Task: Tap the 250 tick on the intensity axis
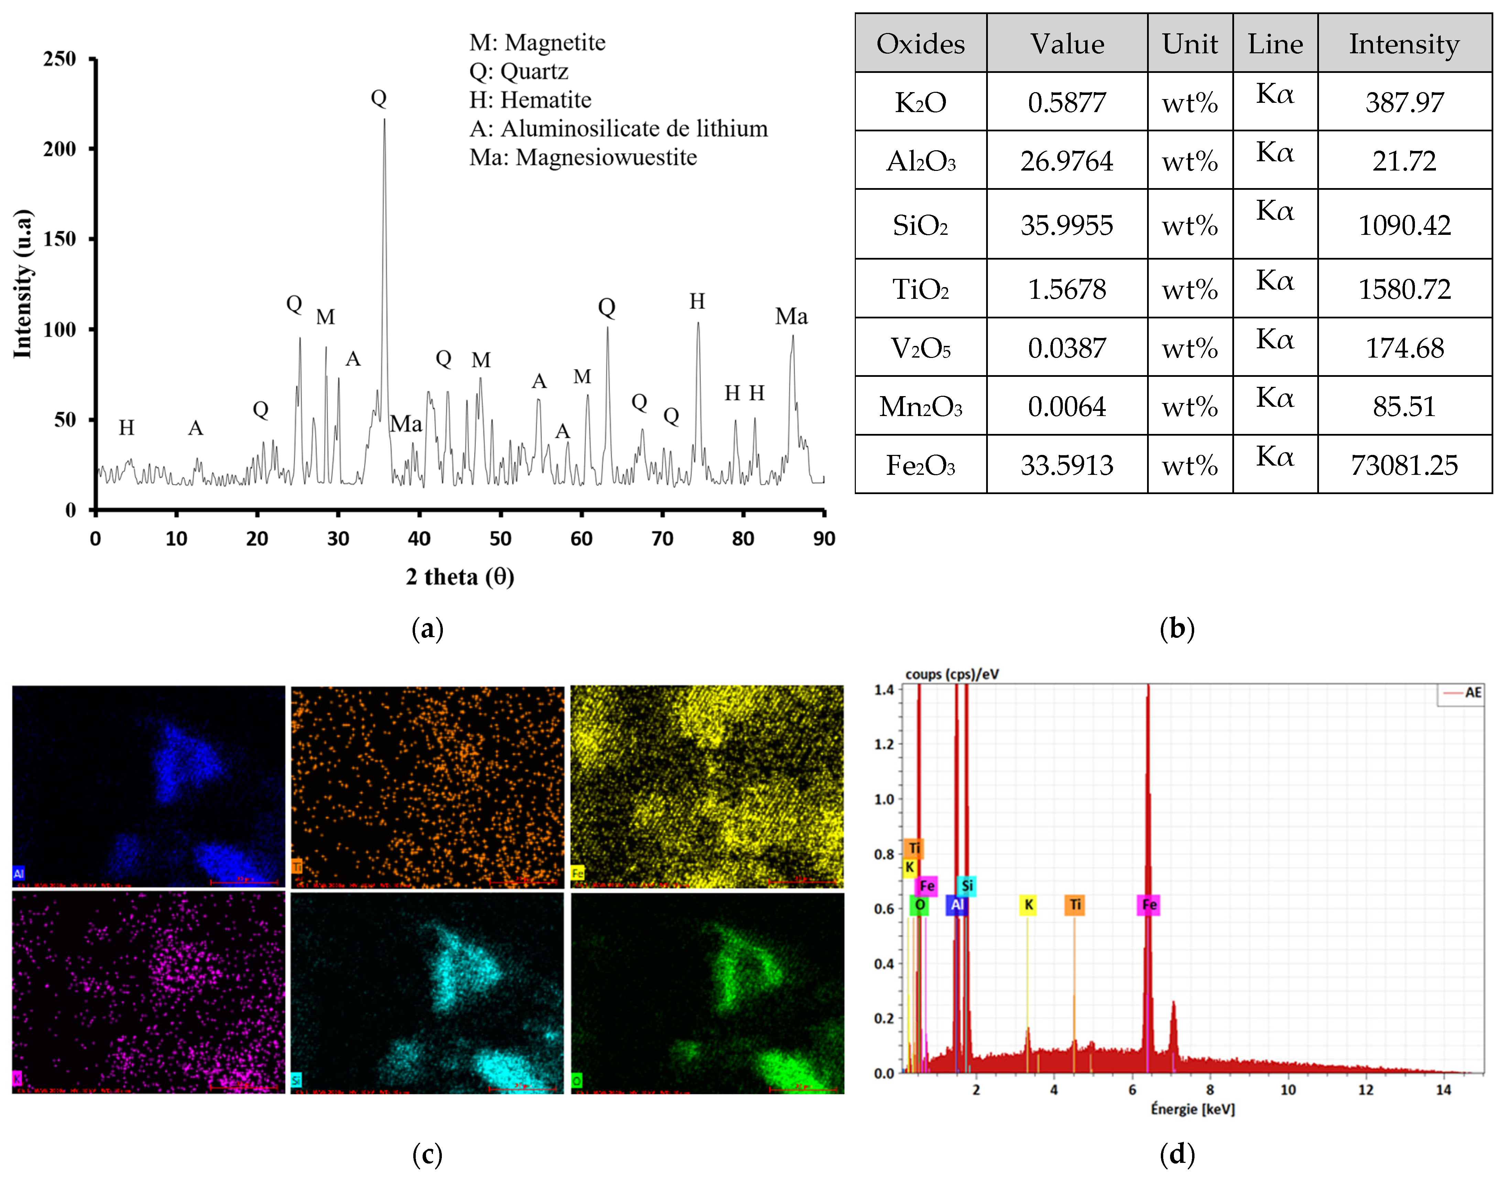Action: (x=60, y=59)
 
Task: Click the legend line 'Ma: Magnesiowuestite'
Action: (x=583, y=157)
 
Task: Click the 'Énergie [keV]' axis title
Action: (x=1192, y=1109)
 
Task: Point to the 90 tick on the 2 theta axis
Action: (x=824, y=539)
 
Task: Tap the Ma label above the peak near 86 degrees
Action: (x=791, y=317)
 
